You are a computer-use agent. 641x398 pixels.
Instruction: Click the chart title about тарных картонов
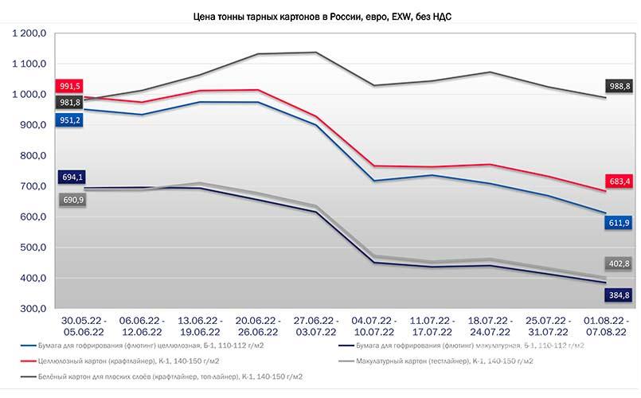coord(322,17)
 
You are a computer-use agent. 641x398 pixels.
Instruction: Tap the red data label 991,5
coord(69,86)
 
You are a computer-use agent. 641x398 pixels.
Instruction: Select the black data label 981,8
coord(69,103)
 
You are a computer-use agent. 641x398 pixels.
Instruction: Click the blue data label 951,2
coord(69,120)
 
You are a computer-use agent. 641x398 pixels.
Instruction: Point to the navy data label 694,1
coord(72,177)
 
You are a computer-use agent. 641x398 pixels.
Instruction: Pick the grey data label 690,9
coord(72,200)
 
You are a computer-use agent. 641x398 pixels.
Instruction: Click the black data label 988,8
coord(619,86)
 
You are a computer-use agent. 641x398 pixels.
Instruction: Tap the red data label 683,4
coord(619,181)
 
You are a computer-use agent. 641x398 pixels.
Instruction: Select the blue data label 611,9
coord(619,223)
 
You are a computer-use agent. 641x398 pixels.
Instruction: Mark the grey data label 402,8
coord(619,263)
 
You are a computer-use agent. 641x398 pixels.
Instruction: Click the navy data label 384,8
coord(619,295)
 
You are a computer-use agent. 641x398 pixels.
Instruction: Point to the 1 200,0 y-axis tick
coord(29,33)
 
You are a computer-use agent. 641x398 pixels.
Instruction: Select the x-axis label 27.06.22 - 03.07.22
coord(316,326)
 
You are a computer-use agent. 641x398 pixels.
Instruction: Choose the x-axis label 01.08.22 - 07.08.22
coord(606,326)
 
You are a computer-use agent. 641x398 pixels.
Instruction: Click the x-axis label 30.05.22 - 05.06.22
coord(84,326)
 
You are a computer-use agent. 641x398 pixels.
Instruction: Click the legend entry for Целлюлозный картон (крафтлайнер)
coord(120,361)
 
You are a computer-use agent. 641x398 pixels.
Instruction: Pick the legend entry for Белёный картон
coord(162,377)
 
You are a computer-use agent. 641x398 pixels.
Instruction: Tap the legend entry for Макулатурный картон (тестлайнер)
coord(436,361)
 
